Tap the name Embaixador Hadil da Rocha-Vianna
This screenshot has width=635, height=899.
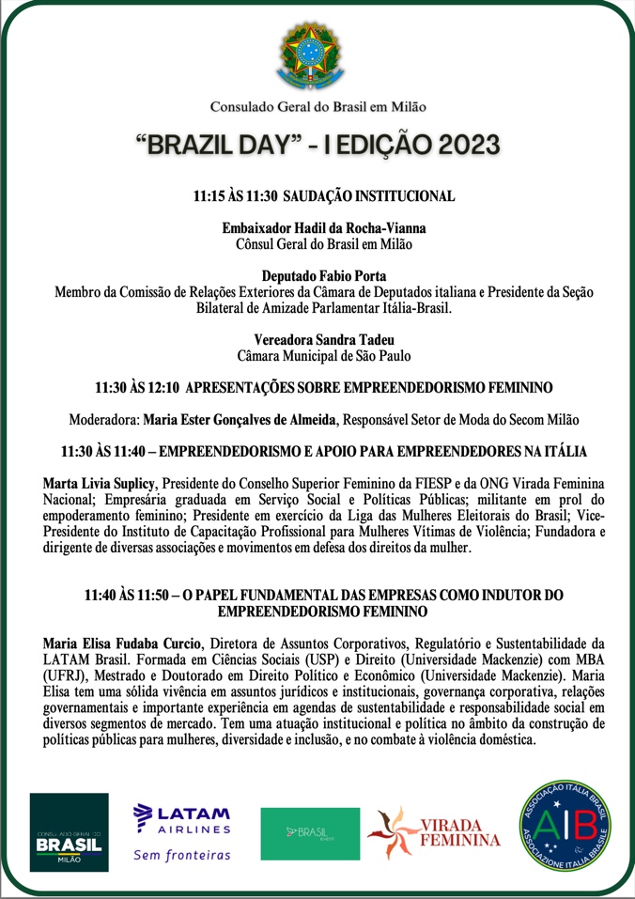point(323,228)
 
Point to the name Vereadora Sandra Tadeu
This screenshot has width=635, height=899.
point(323,339)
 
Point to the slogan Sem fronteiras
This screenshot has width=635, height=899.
point(182,855)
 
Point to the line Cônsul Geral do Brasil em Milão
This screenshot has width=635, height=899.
point(323,244)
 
